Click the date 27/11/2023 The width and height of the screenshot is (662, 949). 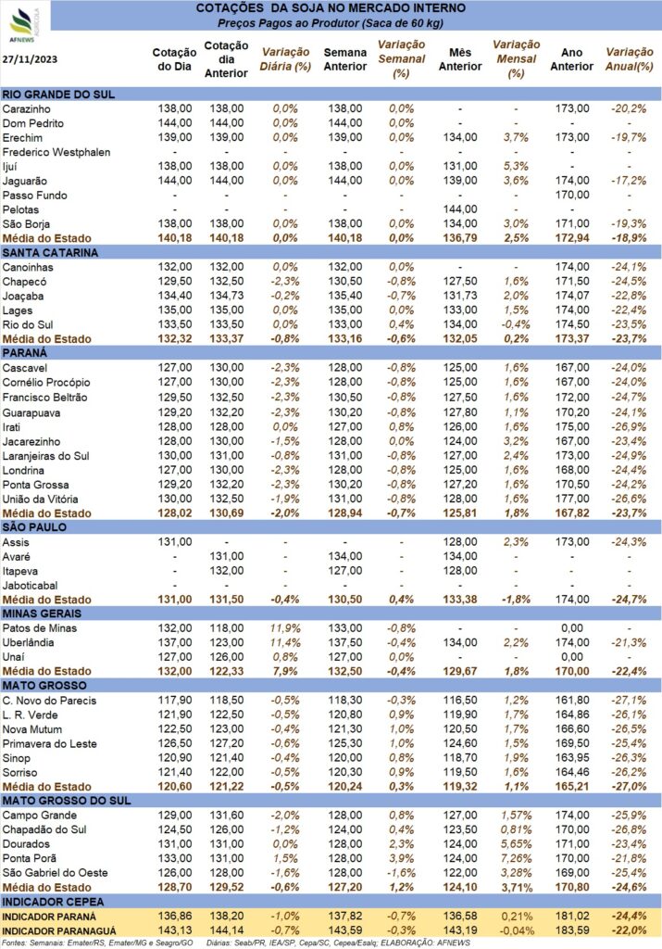[30, 59]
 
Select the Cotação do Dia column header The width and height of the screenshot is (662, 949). [174, 59]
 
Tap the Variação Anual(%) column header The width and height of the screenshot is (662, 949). [630, 59]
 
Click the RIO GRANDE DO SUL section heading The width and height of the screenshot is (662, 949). [58, 95]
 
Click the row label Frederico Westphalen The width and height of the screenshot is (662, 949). [56, 152]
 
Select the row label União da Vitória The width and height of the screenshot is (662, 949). [40, 500]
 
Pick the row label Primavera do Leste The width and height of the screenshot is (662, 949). [50, 744]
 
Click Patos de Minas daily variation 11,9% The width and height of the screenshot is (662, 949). [285, 628]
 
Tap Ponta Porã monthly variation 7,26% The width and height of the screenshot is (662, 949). [517, 859]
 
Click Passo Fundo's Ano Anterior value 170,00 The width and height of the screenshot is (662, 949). [572, 195]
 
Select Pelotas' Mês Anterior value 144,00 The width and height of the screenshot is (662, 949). [460, 209]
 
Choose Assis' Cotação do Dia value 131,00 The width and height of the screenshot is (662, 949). [175, 542]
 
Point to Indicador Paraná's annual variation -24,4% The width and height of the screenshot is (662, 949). [629, 917]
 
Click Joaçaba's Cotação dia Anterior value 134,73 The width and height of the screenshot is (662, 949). [227, 296]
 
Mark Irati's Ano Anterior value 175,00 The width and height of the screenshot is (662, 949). [572, 426]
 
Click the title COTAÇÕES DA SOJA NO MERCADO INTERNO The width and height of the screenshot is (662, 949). [331, 8]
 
